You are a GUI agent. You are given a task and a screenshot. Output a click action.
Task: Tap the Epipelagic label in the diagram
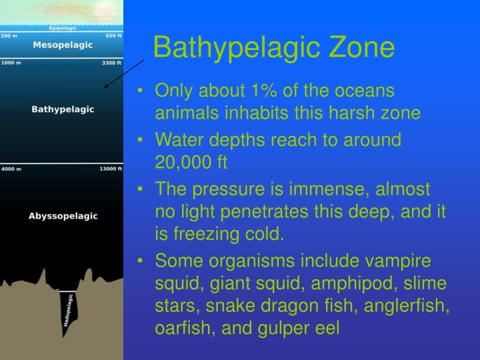(63, 28)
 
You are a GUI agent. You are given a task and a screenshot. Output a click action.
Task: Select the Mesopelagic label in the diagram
(63, 45)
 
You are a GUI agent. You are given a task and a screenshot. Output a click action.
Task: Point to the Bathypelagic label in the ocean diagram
(63, 109)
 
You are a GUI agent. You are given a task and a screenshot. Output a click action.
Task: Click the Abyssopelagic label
(63, 216)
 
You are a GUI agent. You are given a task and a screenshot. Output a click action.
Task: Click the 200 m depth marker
(9, 35)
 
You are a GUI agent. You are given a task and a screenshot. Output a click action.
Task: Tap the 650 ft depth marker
(113, 35)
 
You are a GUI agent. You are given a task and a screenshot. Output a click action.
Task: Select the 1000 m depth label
(11, 63)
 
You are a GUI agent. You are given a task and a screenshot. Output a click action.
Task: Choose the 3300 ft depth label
(111, 63)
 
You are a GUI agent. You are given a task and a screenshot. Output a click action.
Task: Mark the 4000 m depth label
(11, 169)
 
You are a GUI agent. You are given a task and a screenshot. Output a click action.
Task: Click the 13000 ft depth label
(110, 169)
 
